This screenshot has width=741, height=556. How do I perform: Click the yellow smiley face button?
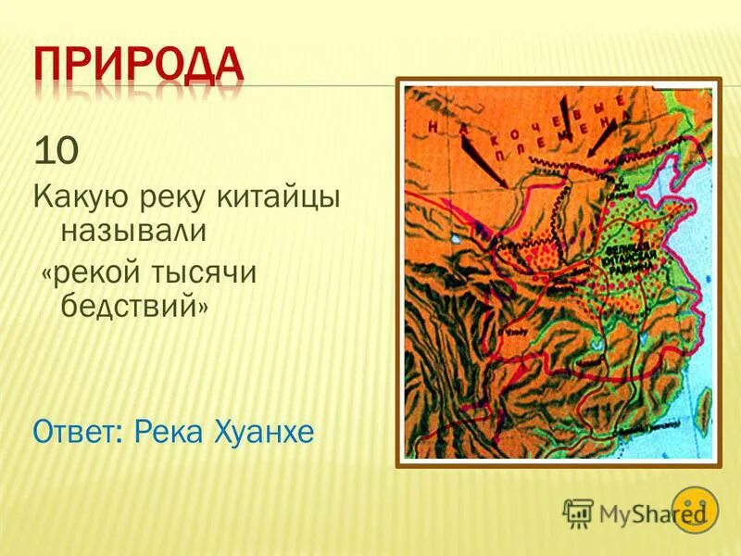694,509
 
